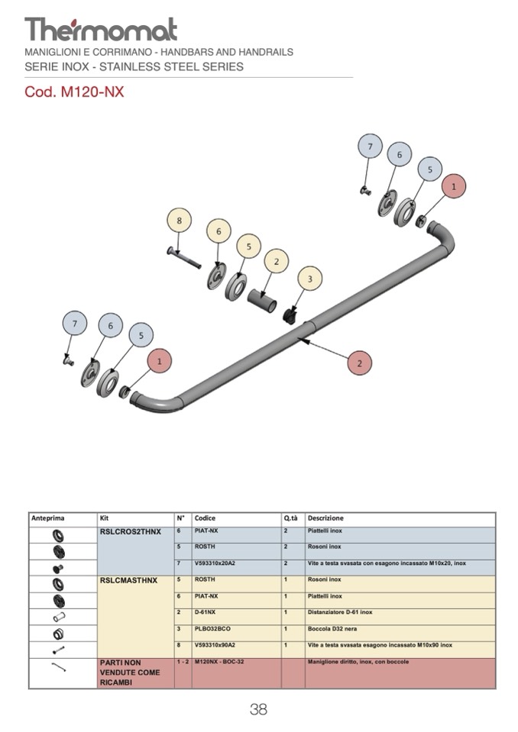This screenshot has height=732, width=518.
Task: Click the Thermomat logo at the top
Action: coord(101,30)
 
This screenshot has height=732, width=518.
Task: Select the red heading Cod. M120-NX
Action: coord(74,93)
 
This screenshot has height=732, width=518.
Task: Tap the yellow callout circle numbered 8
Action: coord(179,221)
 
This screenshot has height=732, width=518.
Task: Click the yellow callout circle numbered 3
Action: coord(309,279)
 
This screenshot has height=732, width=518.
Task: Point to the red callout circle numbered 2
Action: coord(359,363)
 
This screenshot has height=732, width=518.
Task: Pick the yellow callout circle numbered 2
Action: coord(276,262)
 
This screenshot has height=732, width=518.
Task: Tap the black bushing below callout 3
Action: coord(290,313)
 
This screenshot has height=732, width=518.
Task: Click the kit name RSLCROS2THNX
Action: coord(131,531)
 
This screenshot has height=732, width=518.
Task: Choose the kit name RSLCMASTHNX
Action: coord(128,580)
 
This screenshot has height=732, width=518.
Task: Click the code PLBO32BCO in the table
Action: coord(212,629)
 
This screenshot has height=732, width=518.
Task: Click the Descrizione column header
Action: coord(325,518)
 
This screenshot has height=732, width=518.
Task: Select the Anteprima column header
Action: coord(47,518)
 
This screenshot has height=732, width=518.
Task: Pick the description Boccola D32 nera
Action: coord(335,629)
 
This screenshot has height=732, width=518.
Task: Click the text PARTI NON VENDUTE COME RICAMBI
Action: coord(130,672)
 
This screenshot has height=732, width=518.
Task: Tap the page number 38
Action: coord(258,710)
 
